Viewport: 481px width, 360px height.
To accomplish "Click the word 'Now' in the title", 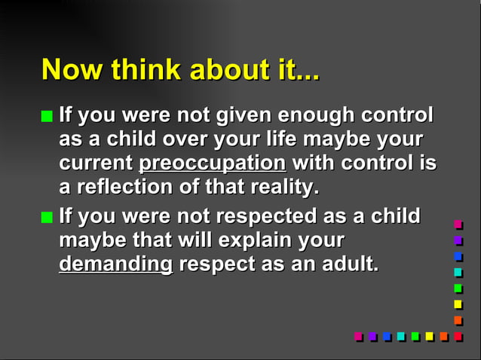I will [x=72, y=70].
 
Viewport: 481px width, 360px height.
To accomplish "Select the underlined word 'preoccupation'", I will [x=213, y=163].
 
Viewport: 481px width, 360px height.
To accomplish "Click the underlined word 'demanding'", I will [x=115, y=264].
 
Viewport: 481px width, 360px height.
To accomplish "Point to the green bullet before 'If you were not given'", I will [x=47, y=117].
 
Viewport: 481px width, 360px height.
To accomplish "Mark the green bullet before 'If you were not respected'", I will [x=47, y=218].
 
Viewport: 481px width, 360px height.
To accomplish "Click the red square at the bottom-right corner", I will [x=458, y=336].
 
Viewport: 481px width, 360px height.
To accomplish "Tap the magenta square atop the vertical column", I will [x=458, y=224].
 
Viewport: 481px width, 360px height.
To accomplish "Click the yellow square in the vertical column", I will [x=458, y=304].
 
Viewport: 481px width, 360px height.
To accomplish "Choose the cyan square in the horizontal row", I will [x=401, y=336].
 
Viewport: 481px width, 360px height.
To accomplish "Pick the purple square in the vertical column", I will [x=458, y=240].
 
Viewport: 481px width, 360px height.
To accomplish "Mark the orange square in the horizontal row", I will [x=444, y=336].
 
